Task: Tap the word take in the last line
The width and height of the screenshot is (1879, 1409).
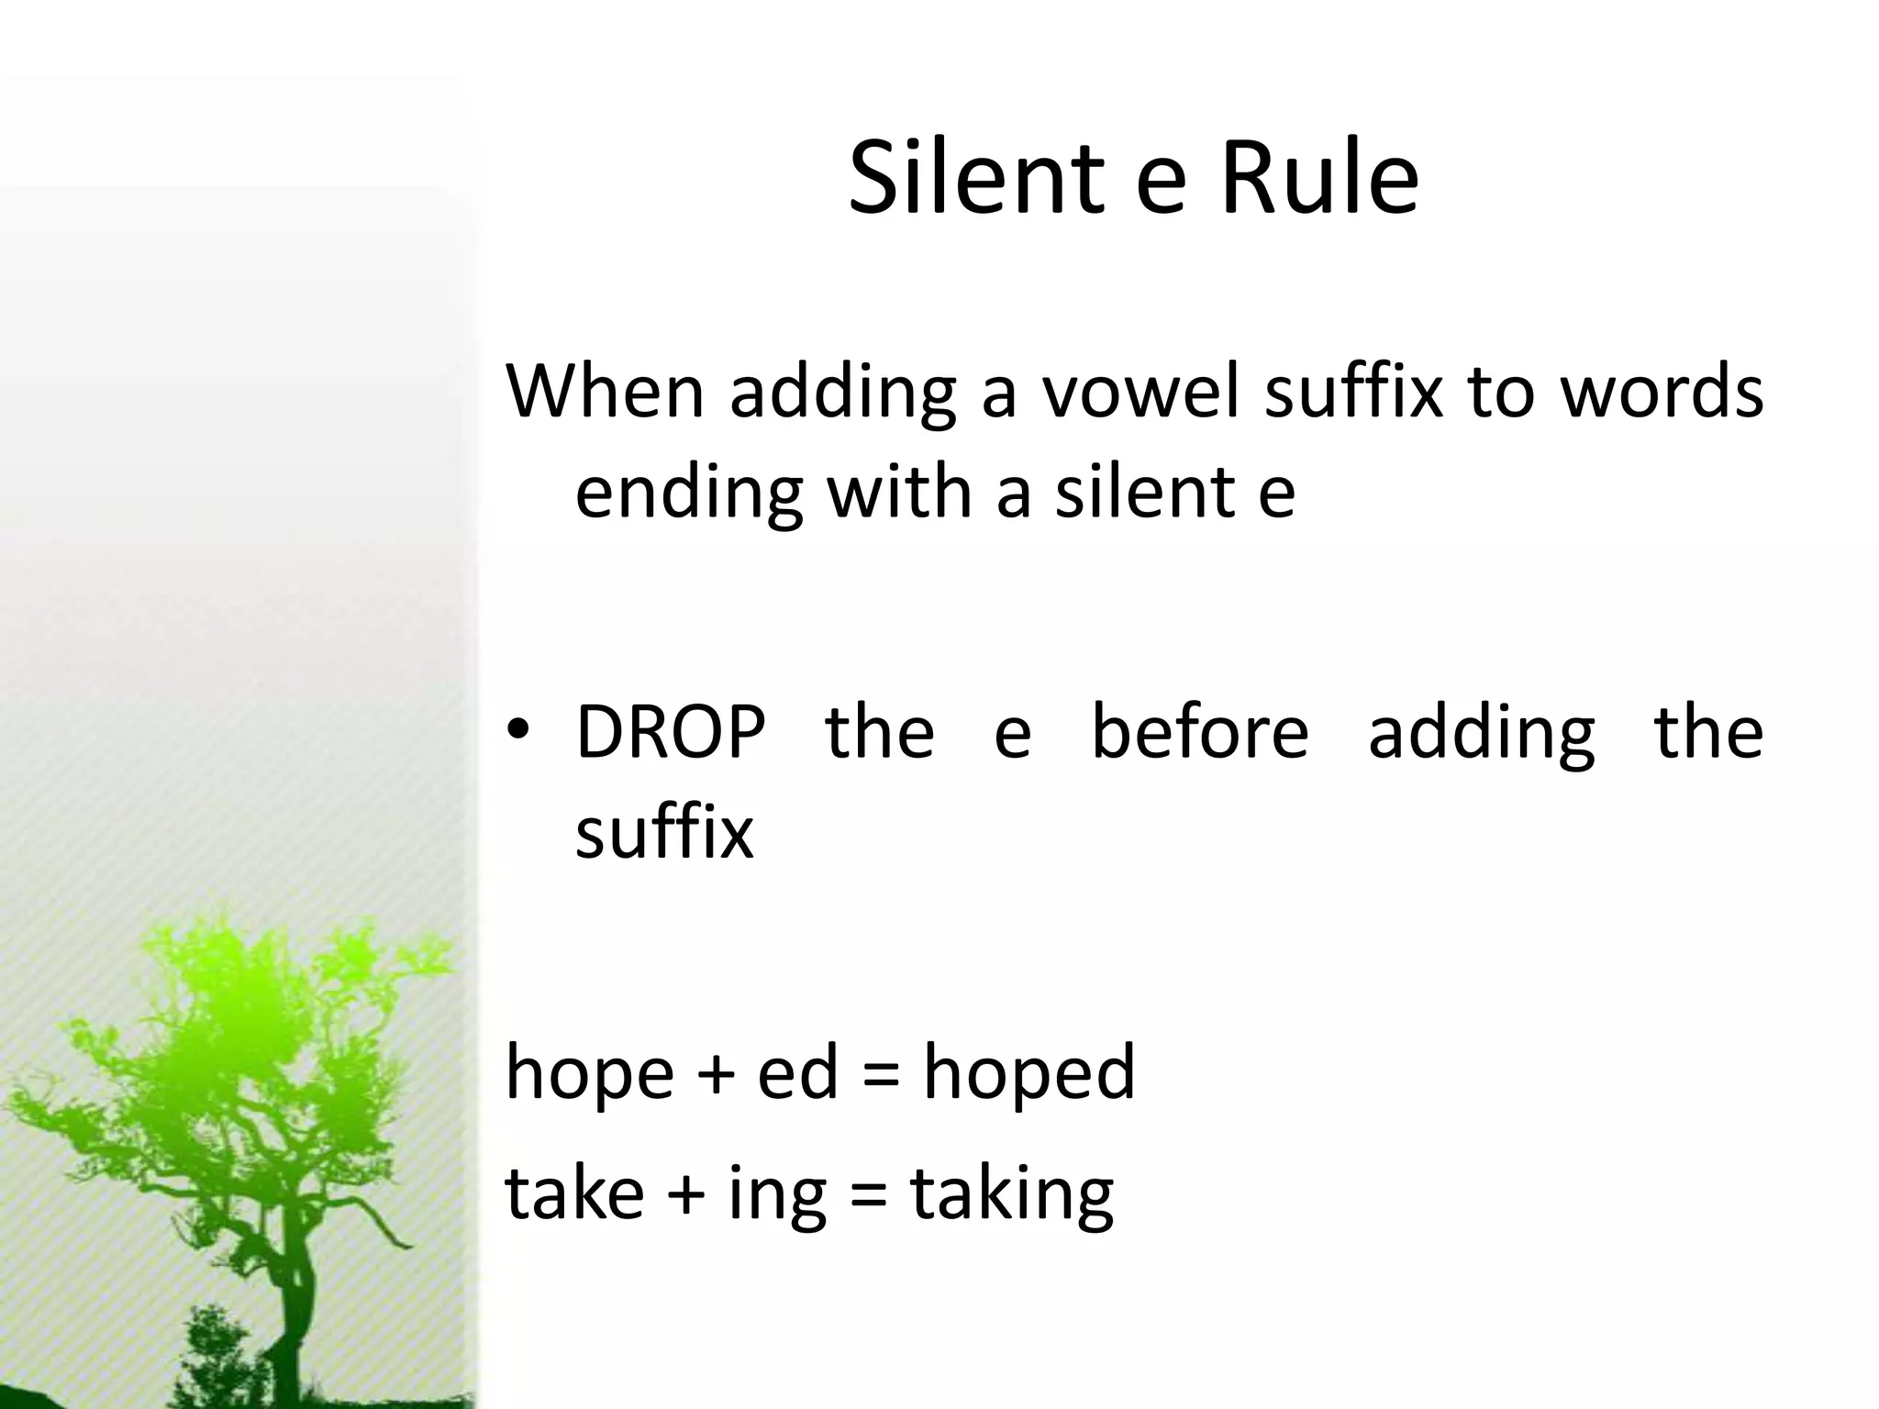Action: [x=574, y=1192]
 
